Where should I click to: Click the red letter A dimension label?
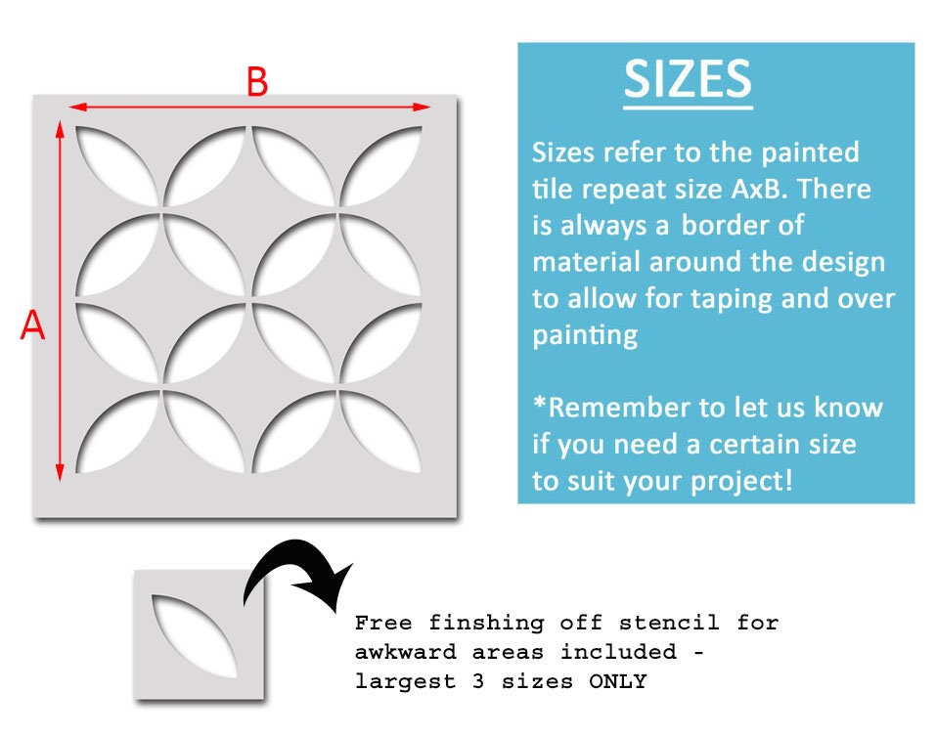(x=33, y=326)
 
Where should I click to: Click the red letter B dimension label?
(x=256, y=83)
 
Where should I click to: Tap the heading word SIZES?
(x=688, y=80)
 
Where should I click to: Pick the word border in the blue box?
(x=729, y=225)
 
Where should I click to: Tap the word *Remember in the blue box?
(x=618, y=408)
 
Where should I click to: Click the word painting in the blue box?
(x=585, y=335)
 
